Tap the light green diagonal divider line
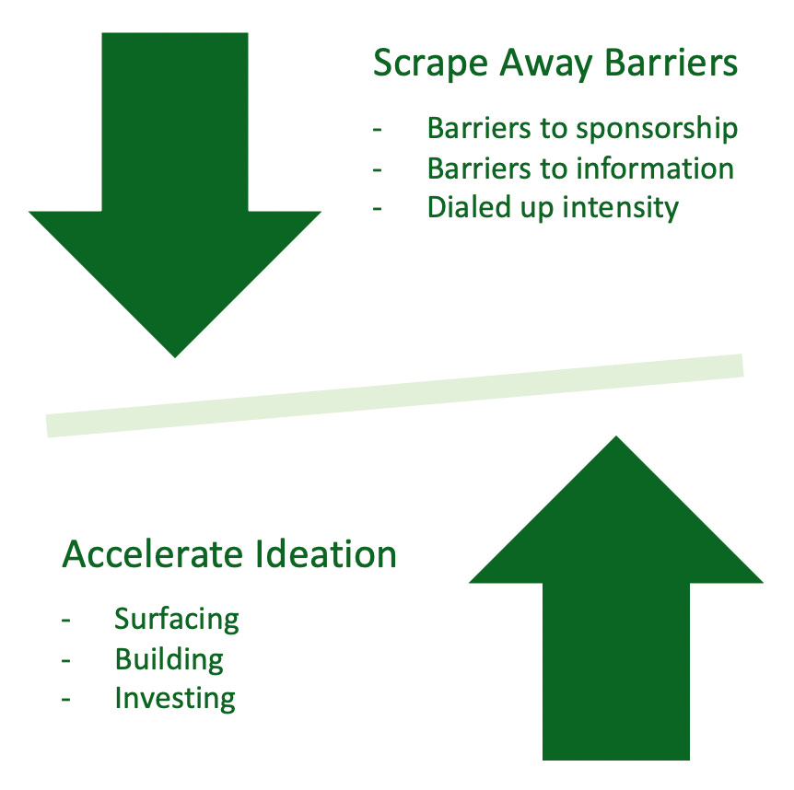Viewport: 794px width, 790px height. click(394, 395)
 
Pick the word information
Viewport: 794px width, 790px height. click(655, 168)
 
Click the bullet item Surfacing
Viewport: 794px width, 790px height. click(177, 619)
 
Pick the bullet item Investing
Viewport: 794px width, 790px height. click(175, 698)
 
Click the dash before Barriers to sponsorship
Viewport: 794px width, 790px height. click(377, 130)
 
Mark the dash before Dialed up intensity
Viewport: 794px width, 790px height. click(377, 207)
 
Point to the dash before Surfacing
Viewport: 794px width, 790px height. click(65, 619)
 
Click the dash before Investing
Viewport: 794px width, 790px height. click(65, 698)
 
